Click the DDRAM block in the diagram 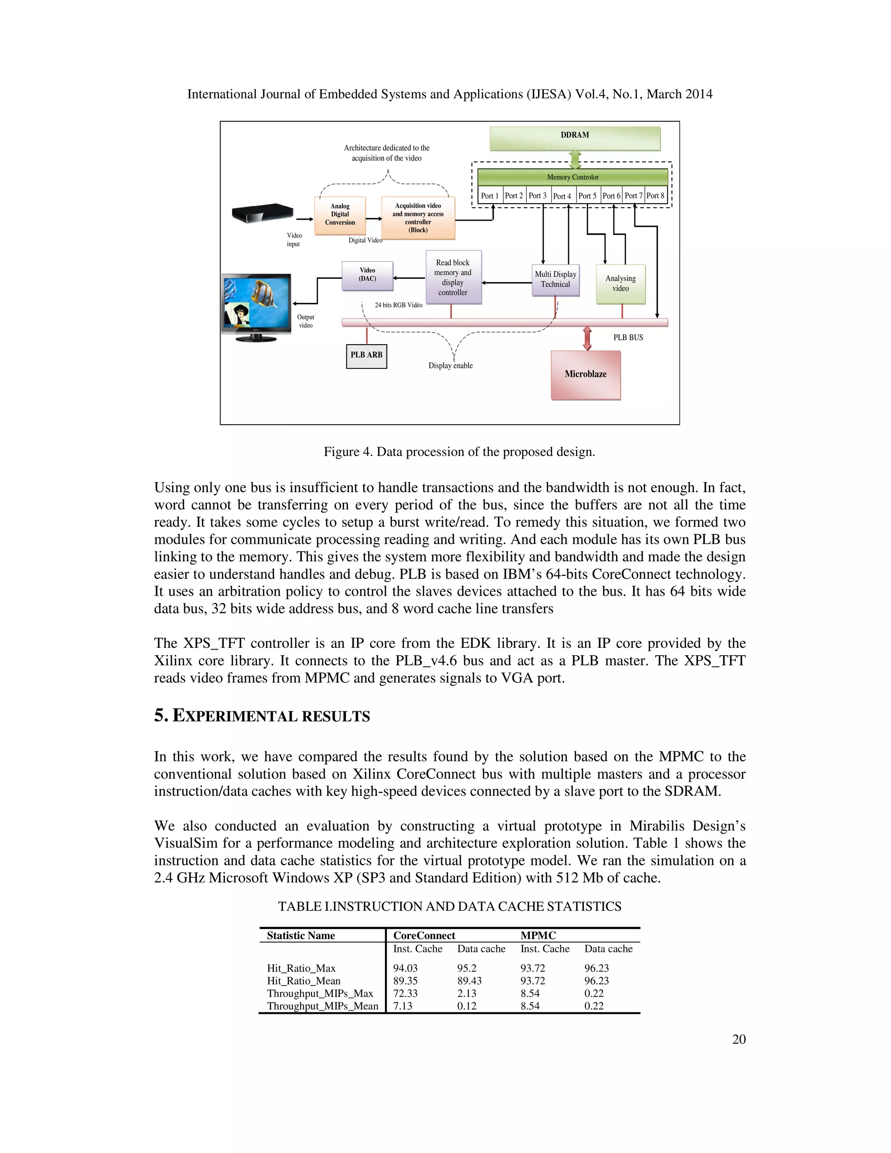[574, 138]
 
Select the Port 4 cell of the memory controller [562, 196]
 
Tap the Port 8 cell [655, 195]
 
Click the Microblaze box [586, 375]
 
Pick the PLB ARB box [366, 355]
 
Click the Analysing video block [620, 284]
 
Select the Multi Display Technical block [555, 279]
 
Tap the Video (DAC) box [367, 275]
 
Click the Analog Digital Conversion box [340, 215]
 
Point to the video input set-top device [262, 213]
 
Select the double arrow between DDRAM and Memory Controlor [575, 159]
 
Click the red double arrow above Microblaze [587, 339]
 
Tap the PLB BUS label [628, 337]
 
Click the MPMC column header [538, 935]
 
